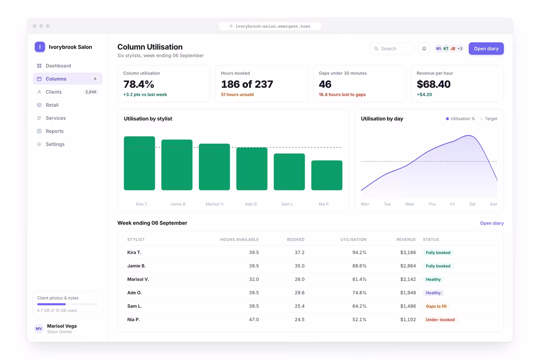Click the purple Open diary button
click(x=486, y=49)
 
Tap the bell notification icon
click(x=424, y=49)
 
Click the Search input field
click(x=391, y=49)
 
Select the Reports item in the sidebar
click(x=54, y=131)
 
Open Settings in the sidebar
click(x=55, y=144)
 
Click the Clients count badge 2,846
click(x=91, y=92)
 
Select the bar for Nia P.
click(x=327, y=175)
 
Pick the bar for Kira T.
click(x=139, y=163)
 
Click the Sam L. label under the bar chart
click(x=288, y=204)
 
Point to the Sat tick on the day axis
click(x=472, y=204)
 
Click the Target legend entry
click(x=489, y=119)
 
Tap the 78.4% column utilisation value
click(x=139, y=84)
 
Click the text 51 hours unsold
click(x=237, y=94)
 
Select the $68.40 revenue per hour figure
click(x=433, y=84)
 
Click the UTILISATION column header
click(x=353, y=239)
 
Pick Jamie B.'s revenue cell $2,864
click(x=408, y=265)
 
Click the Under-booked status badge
click(x=440, y=319)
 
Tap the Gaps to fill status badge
click(x=436, y=306)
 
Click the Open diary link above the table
click(x=492, y=223)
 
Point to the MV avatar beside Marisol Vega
click(x=39, y=328)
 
